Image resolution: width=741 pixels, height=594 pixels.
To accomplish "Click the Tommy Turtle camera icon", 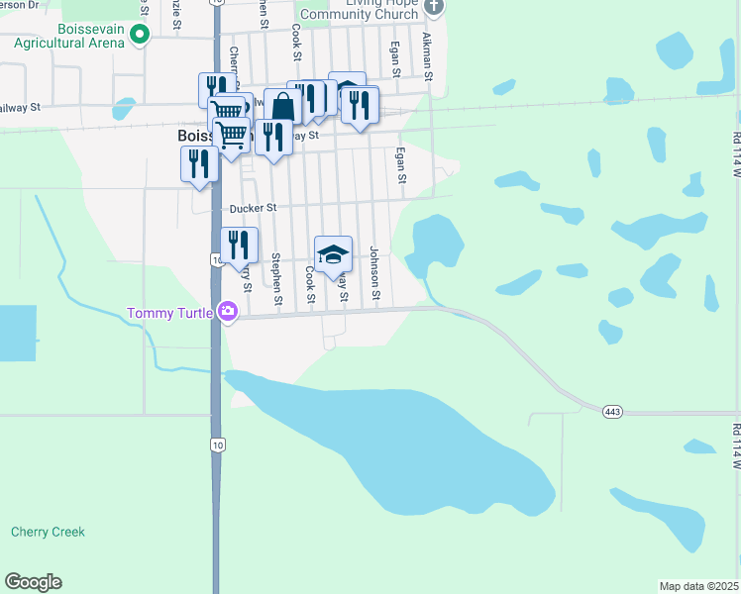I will coord(229,313).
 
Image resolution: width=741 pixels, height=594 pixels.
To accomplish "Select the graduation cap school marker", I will coord(334,254).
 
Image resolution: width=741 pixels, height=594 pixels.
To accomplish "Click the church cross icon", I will coord(433,8).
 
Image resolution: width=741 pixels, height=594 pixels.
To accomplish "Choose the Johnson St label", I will coord(375,272).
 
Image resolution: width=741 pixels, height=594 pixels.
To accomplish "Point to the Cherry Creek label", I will coord(48,532).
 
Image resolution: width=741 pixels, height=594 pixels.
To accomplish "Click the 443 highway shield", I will coord(610,409).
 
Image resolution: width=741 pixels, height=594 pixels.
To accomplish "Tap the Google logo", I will coord(33,582).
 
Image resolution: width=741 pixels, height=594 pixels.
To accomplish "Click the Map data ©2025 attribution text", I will coord(699,586).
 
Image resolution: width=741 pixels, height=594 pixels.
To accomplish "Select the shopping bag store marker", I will coord(283,106).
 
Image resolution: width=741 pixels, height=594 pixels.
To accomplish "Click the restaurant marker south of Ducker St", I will coord(239,245).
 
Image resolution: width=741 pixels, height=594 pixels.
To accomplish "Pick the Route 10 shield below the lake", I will coord(215,445).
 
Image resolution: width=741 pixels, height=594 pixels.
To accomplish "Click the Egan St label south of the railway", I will coord(402,164).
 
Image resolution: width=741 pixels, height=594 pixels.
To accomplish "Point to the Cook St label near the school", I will coord(310,285).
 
